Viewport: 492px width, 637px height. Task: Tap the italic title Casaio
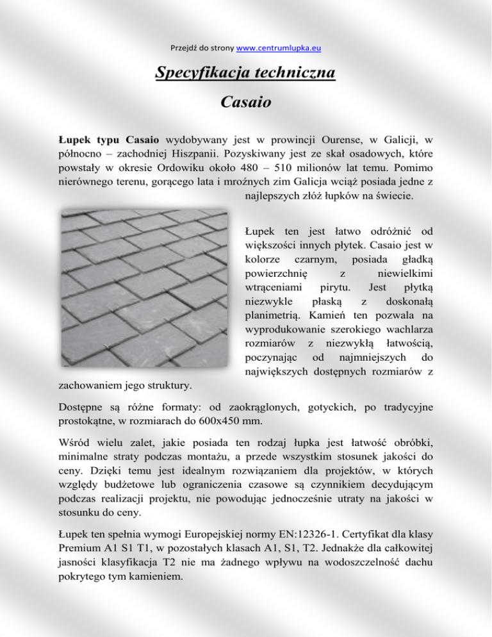tap(245, 101)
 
